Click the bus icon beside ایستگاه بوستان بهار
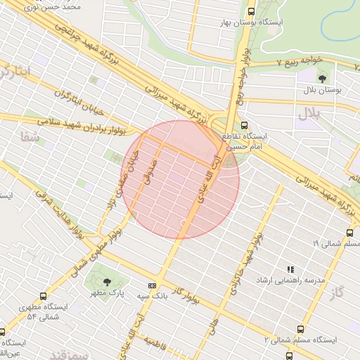coord(252,11)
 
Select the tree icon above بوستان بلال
coord(323,78)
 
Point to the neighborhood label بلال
coord(308,112)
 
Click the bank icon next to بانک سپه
coord(152,286)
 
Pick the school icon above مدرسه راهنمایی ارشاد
coord(290,269)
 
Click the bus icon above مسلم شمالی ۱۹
coord(349,233)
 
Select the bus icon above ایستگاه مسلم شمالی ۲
coord(300,328)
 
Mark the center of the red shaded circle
coord(181,179)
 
